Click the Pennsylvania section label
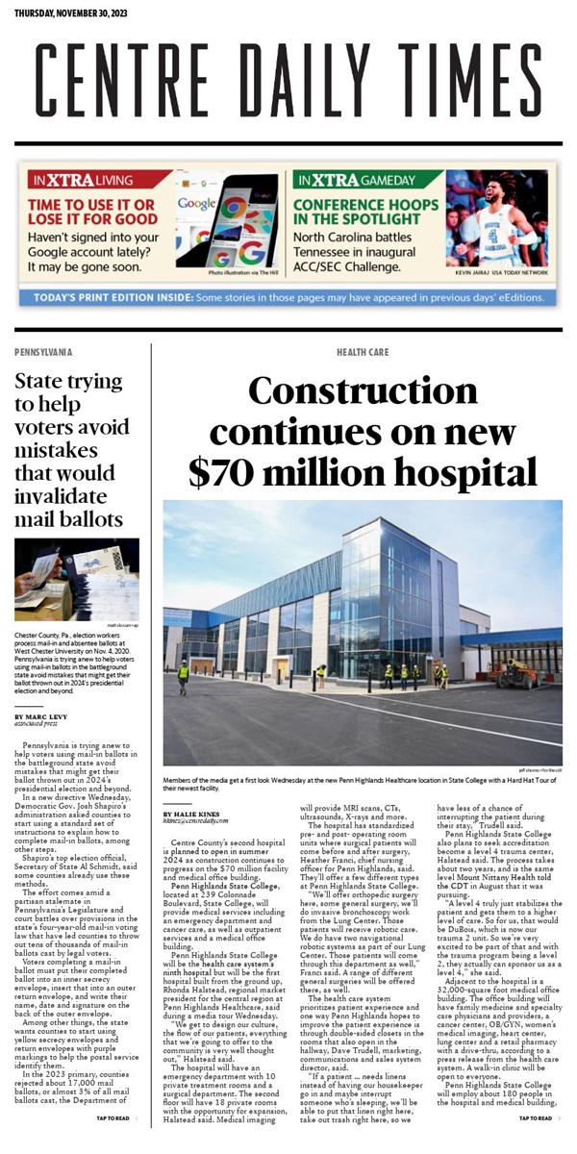[x=43, y=353]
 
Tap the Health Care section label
[x=363, y=353]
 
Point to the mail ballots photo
[x=77, y=580]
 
